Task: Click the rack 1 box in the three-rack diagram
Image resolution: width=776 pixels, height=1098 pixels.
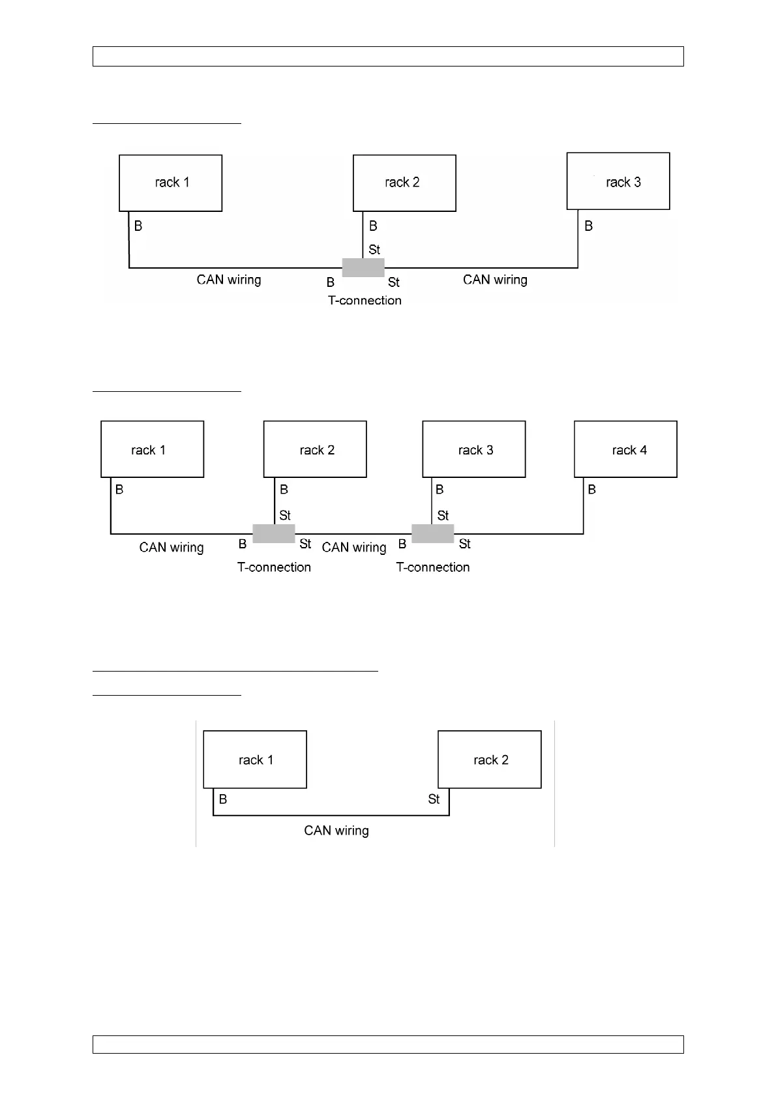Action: tap(170, 183)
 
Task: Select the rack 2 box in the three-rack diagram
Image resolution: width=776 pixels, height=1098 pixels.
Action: tap(404, 183)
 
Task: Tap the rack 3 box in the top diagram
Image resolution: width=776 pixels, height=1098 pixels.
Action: tap(618, 181)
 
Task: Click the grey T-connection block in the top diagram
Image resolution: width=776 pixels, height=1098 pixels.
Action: tap(363, 267)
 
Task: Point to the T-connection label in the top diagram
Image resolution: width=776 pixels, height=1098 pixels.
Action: tap(365, 301)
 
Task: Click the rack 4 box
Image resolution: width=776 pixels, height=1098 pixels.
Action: tap(625, 449)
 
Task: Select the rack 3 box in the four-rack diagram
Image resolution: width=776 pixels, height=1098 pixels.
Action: tap(474, 449)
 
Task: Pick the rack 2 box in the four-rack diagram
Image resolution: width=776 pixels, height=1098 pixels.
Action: tap(315, 449)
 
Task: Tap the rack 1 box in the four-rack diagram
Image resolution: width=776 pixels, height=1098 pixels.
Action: tap(152, 449)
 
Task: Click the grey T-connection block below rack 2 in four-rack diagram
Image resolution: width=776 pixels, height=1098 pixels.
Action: tap(274, 533)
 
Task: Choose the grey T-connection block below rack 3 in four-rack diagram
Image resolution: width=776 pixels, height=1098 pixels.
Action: tap(433, 533)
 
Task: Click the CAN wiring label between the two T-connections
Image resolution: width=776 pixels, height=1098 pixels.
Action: tap(354, 548)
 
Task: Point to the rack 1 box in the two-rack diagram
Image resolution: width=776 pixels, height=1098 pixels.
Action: tap(255, 760)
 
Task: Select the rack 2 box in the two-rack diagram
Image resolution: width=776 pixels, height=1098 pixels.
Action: tap(490, 760)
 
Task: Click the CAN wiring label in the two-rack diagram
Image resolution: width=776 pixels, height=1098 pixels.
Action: tap(336, 831)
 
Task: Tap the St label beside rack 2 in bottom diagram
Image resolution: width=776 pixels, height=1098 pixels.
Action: tap(434, 799)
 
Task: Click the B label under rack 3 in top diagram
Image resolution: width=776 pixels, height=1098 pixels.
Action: tap(588, 226)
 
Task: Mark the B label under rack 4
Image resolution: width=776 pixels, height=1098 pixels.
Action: tap(591, 490)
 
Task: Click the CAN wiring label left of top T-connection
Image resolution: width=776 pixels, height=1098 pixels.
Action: tap(229, 280)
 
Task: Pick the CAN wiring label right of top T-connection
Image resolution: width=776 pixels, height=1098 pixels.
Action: tap(495, 280)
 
